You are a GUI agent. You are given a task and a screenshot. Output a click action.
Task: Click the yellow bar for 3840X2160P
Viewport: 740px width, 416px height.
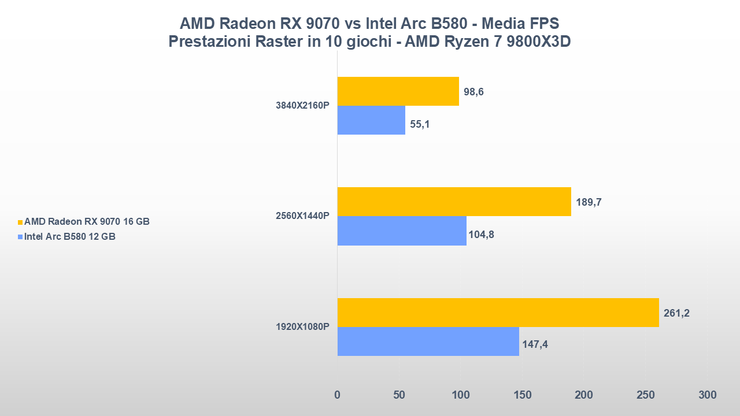(398, 91)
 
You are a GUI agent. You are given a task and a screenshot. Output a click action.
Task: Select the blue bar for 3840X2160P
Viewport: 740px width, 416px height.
(371, 120)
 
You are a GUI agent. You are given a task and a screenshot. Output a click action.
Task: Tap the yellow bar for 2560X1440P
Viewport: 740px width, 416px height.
(454, 202)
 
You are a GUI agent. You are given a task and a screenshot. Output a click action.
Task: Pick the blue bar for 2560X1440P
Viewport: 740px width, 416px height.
(402, 231)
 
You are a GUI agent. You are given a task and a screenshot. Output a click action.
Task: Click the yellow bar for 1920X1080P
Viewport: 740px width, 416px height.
(498, 313)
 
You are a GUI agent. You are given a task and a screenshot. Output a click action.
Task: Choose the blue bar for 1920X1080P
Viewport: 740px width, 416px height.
(428, 341)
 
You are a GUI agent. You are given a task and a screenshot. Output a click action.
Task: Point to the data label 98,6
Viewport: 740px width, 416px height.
(473, 92)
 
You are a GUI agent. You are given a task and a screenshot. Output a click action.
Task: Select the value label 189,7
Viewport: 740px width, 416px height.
(589, 203)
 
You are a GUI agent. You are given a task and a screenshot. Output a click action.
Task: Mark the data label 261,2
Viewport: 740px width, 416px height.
(676, 314)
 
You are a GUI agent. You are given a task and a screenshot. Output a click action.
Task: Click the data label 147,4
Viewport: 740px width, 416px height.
(535, 345)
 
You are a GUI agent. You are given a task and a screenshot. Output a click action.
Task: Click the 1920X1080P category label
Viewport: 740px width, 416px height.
(302, 327)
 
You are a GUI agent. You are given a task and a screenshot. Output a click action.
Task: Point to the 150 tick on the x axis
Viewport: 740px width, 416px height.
(522, 395)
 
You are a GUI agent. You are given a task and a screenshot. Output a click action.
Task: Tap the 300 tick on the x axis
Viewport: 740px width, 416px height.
(707, 395)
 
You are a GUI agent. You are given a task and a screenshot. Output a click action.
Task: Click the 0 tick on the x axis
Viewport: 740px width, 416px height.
(338, 395)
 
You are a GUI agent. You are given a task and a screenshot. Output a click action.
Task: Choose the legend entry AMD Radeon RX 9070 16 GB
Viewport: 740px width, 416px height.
(87, 221)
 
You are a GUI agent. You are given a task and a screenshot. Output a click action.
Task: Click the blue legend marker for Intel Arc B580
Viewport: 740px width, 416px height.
(20, 237)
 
